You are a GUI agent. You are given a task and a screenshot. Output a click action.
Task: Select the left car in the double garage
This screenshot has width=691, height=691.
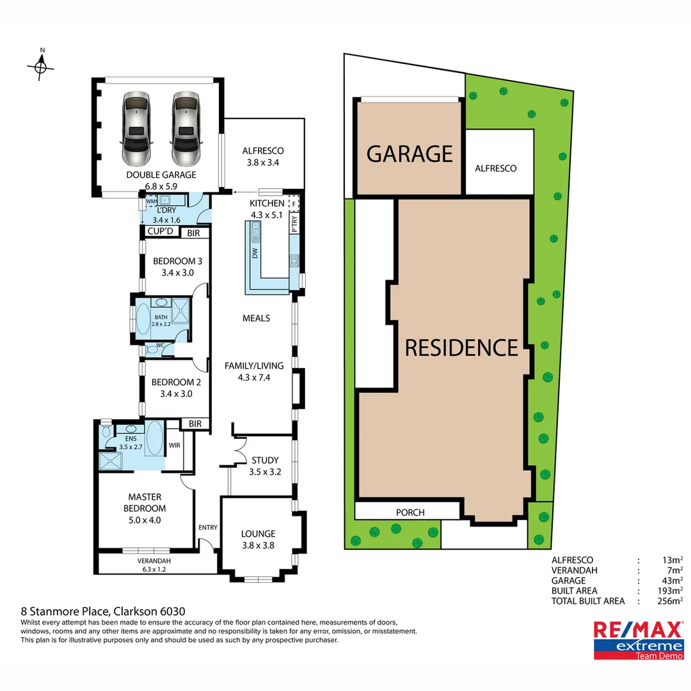click(136, 128)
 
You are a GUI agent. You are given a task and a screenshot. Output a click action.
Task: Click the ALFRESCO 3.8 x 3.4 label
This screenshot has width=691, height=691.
click(262, 157)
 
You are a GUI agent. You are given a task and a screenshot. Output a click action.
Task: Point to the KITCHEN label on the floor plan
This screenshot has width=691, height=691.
click(267, 203)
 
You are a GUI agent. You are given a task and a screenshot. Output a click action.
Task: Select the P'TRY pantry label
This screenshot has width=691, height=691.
click(294, 222)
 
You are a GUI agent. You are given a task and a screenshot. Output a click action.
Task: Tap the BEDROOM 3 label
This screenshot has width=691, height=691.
click(177, 261)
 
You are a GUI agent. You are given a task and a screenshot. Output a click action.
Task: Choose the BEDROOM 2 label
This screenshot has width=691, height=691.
click(176, 383)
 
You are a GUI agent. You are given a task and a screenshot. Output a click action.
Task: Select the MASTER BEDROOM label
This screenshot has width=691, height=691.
click(145, 503)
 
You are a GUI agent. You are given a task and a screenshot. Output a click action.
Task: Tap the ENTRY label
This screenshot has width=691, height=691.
click(208, 528)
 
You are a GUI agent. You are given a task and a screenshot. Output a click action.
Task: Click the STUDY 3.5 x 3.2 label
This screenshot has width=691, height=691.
click(265, 460)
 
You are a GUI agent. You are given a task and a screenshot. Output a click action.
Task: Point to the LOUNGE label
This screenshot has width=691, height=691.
click(258, 534)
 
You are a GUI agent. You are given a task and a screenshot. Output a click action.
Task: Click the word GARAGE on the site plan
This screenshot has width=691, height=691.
click(409, 154)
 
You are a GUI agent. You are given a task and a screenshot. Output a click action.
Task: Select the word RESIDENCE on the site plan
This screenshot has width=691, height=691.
click(461, 347)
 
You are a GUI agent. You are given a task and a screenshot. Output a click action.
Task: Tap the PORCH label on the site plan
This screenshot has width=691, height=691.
click(410, 512)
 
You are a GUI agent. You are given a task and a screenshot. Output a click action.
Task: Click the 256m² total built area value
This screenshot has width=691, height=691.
click(670, 601)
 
